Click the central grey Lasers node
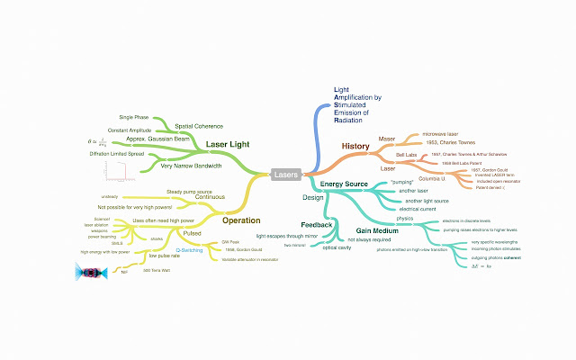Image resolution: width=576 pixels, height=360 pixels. click(287, 175)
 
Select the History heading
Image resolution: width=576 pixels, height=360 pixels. click(355, 146)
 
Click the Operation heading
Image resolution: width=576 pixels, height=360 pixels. click(241, 220)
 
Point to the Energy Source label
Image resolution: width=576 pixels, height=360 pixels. click(346, 184)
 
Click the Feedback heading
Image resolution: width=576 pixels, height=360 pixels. click(317, 224)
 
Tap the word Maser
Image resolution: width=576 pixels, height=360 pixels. click(387, 139)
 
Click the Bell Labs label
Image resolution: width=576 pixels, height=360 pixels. click(392, 155)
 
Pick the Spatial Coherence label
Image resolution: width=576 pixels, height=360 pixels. click(199, 126)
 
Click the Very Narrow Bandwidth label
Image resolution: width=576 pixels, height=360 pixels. click(191, 166)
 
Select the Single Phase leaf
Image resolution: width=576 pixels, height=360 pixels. click(135, 117)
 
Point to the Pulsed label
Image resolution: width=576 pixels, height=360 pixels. click(193, 232)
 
